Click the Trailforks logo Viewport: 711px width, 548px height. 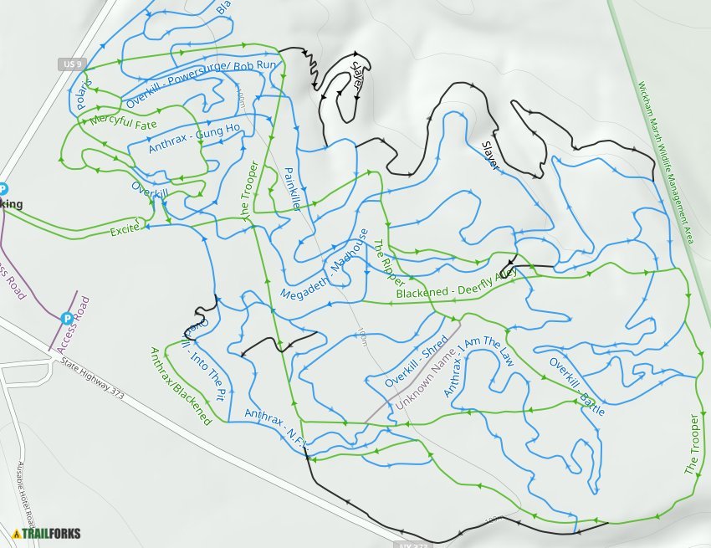click(x=47, y=533)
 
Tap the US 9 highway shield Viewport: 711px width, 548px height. click(x=73, y=64)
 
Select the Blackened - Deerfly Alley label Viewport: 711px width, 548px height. click(x=456, y=284)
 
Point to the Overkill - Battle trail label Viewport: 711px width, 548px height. click(x=576, y=387)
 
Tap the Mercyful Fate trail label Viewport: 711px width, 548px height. click(x=124, y=122)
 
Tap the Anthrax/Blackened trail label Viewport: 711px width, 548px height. click(x=180, y=385)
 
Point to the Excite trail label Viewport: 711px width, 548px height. click(x=124, y=230)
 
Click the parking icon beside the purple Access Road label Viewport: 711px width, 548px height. click(x=66, y=318)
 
